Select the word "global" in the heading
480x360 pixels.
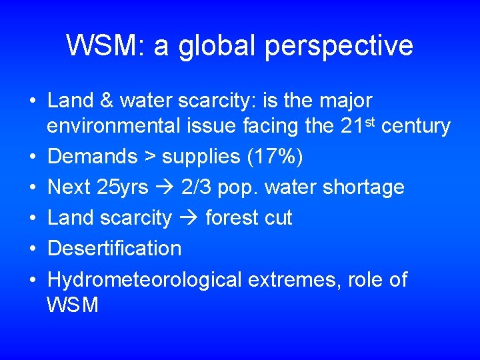tap(202, 45)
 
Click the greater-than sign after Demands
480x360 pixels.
tap(149, 157)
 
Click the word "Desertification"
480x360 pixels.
tap(115, 248)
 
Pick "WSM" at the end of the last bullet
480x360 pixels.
tap(73, 305)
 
